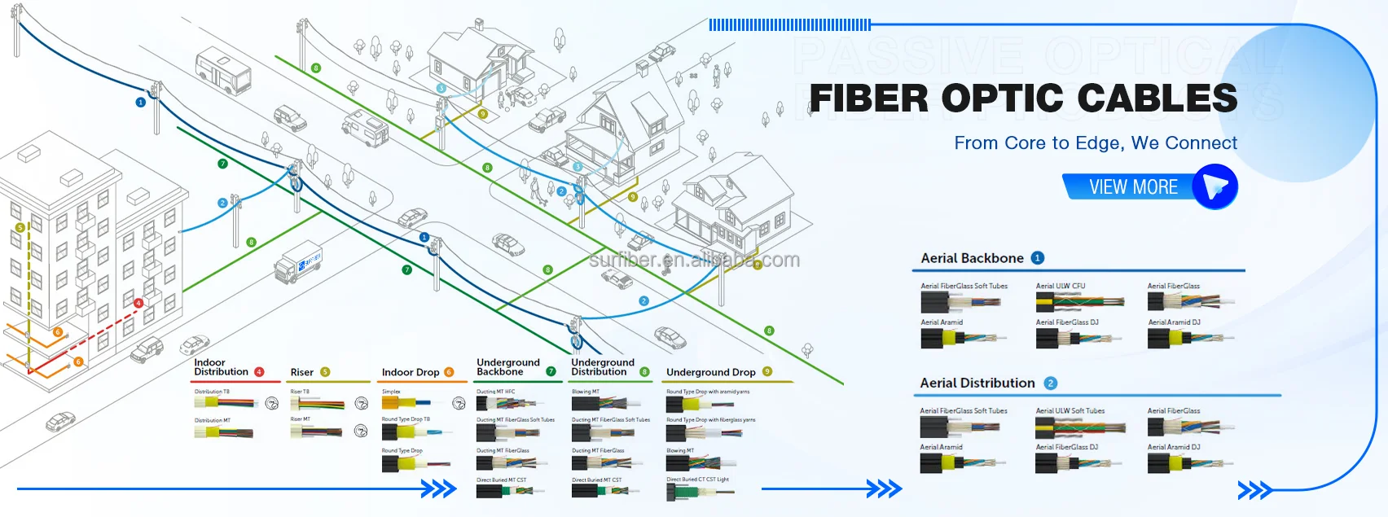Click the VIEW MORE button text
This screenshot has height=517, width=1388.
pos(1133,187)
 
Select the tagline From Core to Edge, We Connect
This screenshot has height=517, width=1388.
pos(1096,143)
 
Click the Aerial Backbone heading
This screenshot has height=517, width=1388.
pos(972,258)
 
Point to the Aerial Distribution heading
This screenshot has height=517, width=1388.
pos(977,383)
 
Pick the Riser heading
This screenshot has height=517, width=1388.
pos(301,372)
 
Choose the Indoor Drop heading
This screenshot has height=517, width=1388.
pos(411,372)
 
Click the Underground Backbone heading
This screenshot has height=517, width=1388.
pos(507,367)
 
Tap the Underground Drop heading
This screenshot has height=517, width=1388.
pos(710,372)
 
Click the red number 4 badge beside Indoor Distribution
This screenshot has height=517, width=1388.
pos(259,372)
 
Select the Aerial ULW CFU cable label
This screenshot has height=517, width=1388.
pos(1061,286)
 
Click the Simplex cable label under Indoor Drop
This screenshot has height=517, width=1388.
pos(391,392)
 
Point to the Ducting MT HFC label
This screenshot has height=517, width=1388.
pos(495,392)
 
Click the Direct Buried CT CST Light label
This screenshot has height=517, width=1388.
pos(697,480)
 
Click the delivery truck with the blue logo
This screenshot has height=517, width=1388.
pos(298,264)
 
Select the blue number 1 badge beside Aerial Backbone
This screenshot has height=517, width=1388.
pos(1037,258)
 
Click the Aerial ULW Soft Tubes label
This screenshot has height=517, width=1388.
pos(1070,410)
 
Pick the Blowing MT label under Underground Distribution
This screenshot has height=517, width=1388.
pos(586,392)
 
